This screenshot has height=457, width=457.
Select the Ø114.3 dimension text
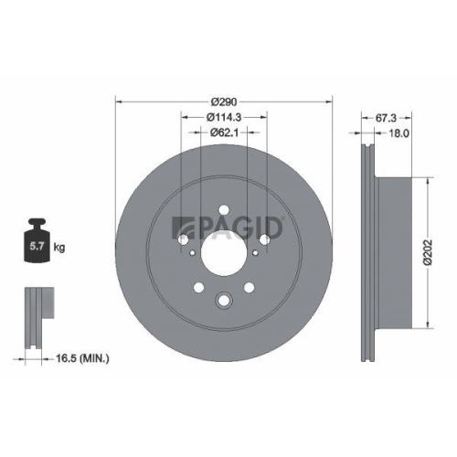tap(223, 116)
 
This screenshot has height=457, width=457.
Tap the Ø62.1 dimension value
tap(223, 133)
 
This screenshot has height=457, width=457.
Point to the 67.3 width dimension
tap(385, 117)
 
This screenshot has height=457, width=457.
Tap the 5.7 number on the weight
tap(38, 246)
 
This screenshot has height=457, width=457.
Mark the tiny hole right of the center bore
tap(265, 239)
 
